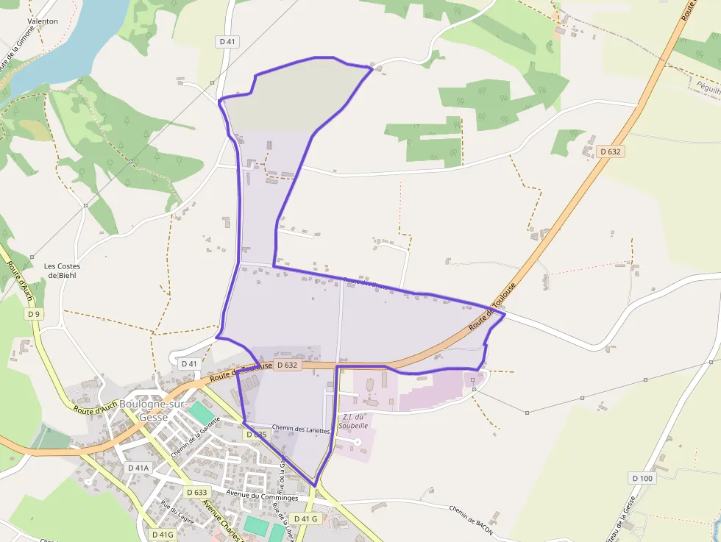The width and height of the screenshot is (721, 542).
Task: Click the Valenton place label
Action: click(x=43, y=21)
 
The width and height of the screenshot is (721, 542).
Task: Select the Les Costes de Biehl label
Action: click(x=62, y=271)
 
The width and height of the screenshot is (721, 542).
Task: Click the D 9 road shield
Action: click(x=33, y=314)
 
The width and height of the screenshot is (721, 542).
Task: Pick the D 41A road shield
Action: click(x=138, y=468)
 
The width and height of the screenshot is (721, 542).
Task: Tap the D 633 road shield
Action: click(x=197, y=492)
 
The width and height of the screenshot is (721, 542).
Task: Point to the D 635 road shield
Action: click(x=256, y=435)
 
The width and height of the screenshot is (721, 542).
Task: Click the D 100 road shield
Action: click(x=642, y=478)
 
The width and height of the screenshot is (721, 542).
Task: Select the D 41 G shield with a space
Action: click(x=305, y=518)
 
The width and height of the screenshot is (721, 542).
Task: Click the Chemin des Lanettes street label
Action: click(x=301, y=429)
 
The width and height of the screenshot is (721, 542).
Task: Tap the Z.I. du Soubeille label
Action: click(x=354, y=421)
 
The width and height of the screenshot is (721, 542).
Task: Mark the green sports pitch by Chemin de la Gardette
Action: click(x=200, y=413)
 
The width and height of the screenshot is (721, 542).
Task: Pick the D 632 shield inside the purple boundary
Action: click(x=288, y=365)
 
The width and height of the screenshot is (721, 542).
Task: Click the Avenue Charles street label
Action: click(x=221, y=520)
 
